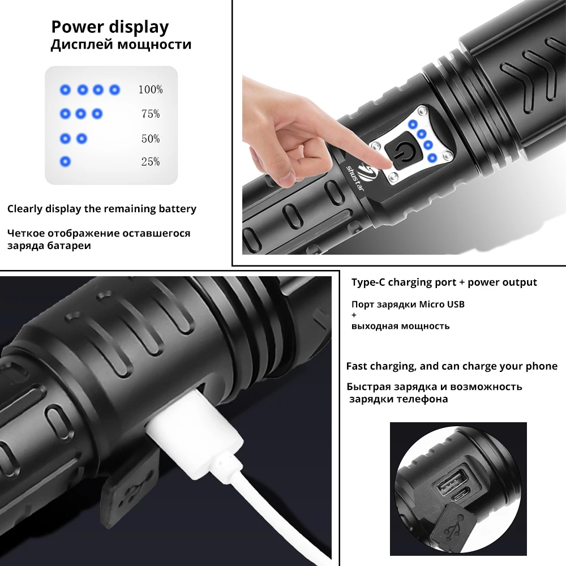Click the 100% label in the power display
[150, 89]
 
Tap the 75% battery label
[151, 114]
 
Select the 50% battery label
[151, 139]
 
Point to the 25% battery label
[151, 162]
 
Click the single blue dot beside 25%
[65, 162]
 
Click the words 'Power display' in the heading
[110, 27]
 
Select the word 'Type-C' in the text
[369, 282]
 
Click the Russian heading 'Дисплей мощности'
[121, 45]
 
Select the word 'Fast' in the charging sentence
[357, 366]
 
